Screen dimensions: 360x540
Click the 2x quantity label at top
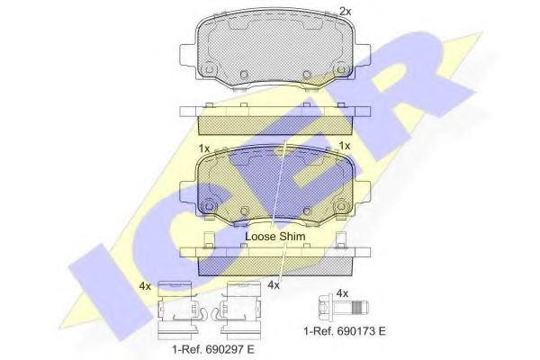[345, 11]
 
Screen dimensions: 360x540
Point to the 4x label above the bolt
[341, 292]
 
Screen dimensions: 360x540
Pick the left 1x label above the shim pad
[203, 147]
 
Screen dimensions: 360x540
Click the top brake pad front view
[274, 49]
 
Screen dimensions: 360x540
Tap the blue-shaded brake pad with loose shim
[274, 184]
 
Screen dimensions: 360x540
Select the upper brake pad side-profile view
[274, 118]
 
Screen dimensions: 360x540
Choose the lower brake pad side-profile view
[274, 257]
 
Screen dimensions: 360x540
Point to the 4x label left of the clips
[146, 286]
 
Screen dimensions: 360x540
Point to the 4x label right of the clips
[275, 286]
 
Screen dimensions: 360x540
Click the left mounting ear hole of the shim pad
[208, 204]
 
